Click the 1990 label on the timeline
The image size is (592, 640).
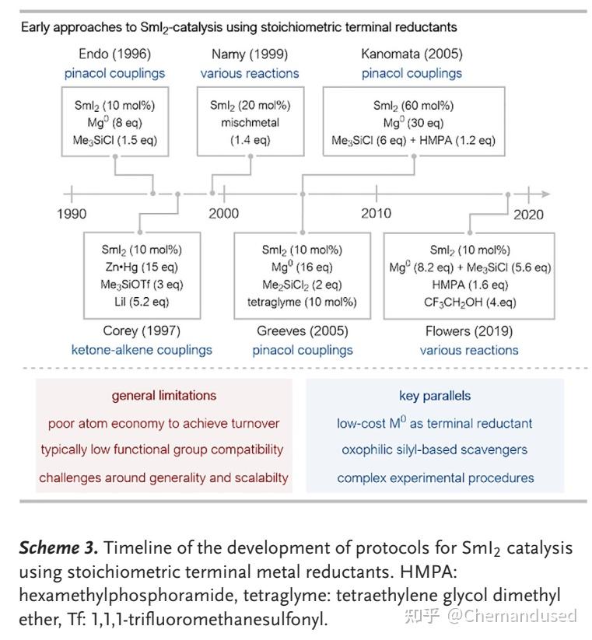(x=72, y=214)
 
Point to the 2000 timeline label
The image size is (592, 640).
(x=224, y=214)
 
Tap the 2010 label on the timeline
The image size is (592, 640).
(x=376, y=213)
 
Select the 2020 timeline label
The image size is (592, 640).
(x=528, y=215)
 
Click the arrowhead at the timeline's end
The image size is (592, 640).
(x=546, y=194)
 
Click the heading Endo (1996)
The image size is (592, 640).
(x=114, y=54)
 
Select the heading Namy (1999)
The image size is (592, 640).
(x=250, y=54)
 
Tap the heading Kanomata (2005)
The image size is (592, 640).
(x=412, y=54)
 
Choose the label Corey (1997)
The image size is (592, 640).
(x=142, y=330)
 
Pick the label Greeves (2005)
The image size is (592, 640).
(x=303, y=331)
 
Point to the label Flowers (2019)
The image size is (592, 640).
(x=469, y=331)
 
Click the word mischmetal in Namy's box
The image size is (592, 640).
(x=250, y=122)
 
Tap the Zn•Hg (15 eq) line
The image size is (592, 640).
(x=142, y=267)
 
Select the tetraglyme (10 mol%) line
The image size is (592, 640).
(x=302, y=302)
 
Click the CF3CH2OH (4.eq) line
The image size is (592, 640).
(x=470, y=303)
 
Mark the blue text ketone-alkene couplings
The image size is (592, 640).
(x=142, y=350)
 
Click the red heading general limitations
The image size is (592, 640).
(x=164, y=396)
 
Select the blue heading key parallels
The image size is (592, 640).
(x=435, y=396)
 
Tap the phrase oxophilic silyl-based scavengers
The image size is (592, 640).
(x=435, y=449)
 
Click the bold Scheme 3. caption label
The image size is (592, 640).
(x=58, y=547)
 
